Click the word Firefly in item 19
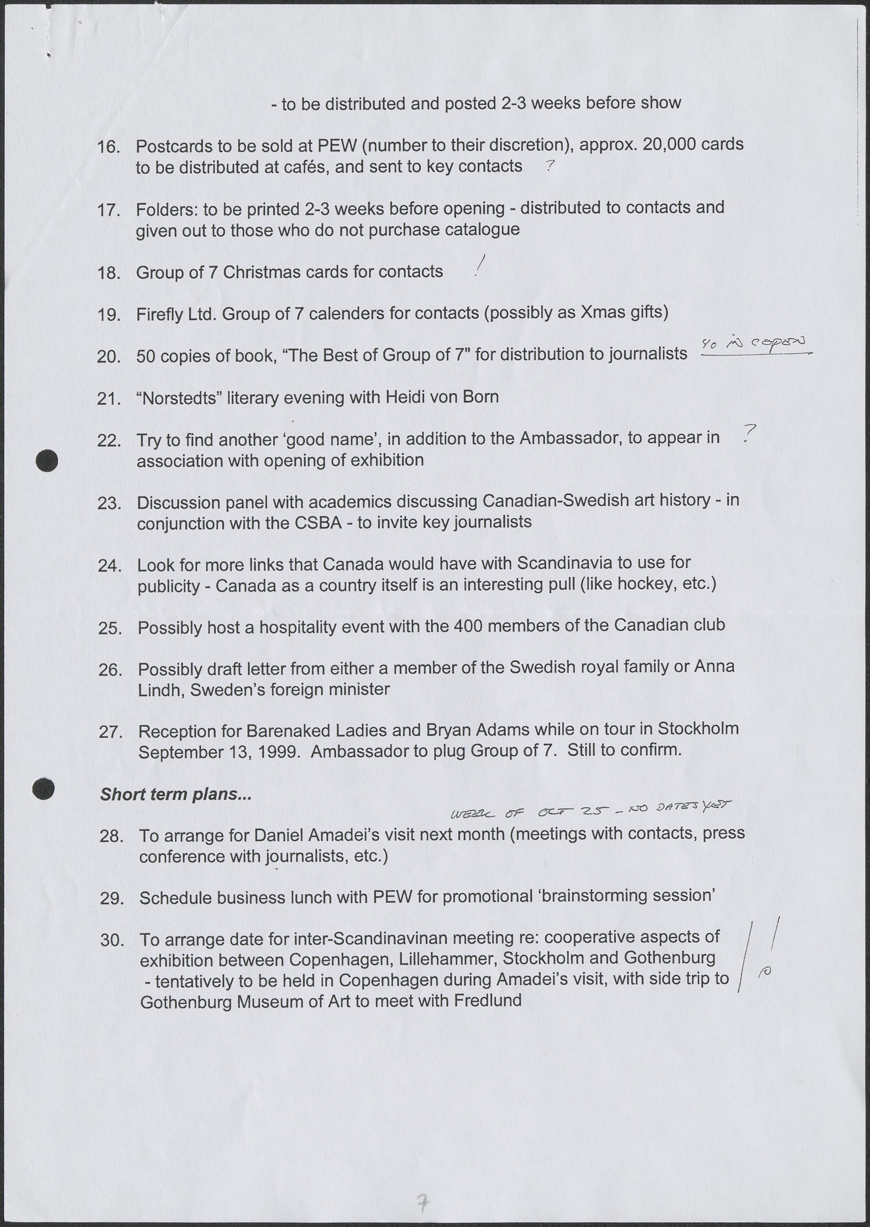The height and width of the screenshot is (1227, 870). [x=159, y=314]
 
